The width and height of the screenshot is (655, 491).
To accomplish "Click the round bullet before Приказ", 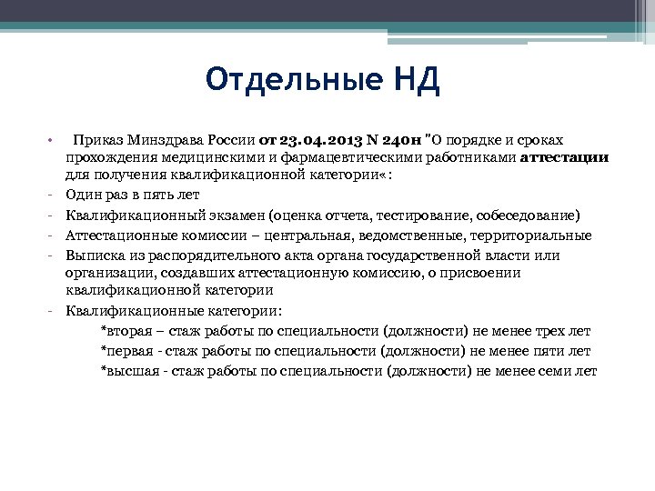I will tap(52, 140).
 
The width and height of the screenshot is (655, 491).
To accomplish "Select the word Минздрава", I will tap(165, 139).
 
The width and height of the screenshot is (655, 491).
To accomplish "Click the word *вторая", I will tap(127, 331).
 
